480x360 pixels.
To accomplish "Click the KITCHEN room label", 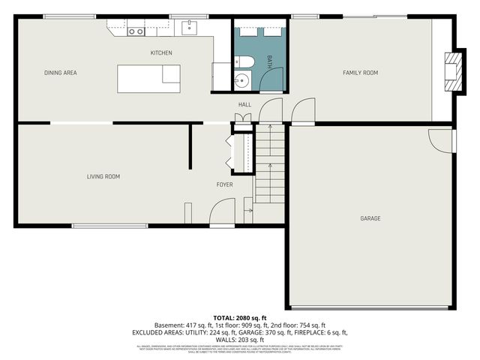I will click(x=161, y=53).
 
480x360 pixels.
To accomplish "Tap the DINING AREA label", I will click(x=61, y=73).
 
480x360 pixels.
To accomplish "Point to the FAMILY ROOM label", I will click(x=360, y=73).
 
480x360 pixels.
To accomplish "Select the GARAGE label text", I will click(x=370, y=218).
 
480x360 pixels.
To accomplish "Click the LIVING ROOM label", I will click(x=103, y=177).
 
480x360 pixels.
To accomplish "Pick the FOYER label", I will click(x=224, y=184).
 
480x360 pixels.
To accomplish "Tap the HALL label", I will click(x=244, y=104).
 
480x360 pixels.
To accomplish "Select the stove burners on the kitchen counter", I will click(x=136, y=31).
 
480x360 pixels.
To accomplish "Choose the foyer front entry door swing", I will click(x=223, y=217).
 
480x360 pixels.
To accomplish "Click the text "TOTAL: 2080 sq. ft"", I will click(x=240, y=317).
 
